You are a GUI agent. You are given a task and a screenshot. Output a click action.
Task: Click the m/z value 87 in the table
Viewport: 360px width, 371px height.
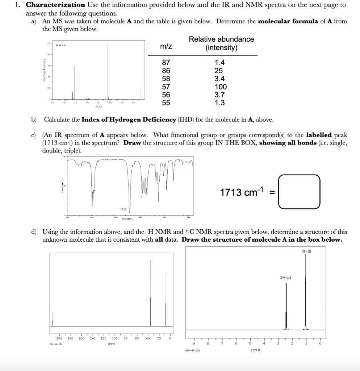pos(166,63)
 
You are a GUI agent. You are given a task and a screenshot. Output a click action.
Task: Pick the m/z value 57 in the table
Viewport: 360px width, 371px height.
pos(166,87)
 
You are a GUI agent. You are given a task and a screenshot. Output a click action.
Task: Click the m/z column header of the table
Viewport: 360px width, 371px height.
pos(166,47)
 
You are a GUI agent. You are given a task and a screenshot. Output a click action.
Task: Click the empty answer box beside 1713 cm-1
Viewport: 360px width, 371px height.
pos(299,192)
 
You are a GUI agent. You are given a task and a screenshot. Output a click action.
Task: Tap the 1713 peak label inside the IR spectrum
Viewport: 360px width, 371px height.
pos(123,209)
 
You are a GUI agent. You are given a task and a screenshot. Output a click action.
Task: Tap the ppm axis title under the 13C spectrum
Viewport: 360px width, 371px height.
pos(111,344)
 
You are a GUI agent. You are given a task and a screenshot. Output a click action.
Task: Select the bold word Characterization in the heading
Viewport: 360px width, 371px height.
pos(55,5)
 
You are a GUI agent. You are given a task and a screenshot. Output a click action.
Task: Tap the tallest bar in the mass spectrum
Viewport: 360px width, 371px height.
pos(107,71)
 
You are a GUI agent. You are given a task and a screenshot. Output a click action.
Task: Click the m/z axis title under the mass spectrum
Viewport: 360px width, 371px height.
pos(97,107)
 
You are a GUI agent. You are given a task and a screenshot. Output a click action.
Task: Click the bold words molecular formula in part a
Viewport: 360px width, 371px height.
pos(288,21)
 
